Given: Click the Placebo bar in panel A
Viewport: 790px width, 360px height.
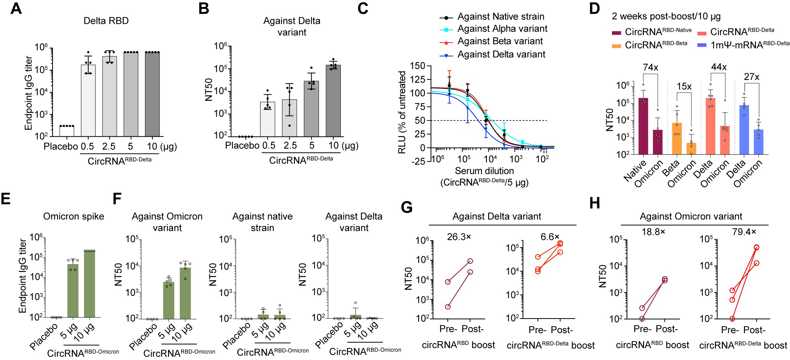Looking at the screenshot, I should tap(67, 131).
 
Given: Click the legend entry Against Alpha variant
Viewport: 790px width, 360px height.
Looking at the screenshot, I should tap(502, 29).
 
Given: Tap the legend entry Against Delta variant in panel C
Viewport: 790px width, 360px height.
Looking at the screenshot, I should tap(501, 54).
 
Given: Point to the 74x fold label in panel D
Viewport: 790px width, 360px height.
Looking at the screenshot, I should tap(650, 68).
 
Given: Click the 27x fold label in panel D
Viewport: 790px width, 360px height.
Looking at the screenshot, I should tap(752, 77).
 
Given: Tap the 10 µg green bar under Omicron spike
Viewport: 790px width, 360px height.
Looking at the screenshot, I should tap(89, 284).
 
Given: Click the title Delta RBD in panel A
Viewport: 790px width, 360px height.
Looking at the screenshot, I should tap(106, 21).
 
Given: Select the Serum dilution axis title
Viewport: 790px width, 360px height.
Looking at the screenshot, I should tap(484, 171).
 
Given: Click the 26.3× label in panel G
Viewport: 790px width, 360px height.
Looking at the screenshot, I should tap(459, 237).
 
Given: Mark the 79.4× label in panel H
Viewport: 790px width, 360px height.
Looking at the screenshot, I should tap(744, 232).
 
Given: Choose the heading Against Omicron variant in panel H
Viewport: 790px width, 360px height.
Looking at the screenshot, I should tap(691, 216).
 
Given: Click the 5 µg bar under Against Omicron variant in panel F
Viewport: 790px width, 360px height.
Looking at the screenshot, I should tap(168, 300).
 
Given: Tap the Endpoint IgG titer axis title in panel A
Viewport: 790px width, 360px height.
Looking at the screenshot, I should tap(28, 92).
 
